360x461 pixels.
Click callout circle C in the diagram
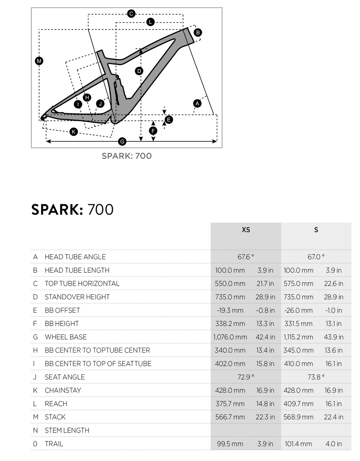tap(131, 14)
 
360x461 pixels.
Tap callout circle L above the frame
tap(150, 22)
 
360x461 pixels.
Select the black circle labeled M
tap(39, 61)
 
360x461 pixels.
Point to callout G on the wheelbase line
tap(122, 142)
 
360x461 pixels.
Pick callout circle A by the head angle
tap(197, 103)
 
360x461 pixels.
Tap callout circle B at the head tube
tap(198, 33)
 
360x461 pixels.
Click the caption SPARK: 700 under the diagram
tap(127, 156)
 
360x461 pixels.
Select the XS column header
tap(246, 230)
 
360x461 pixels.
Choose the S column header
tap(316, 230)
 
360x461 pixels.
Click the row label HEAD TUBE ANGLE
tap(75, 257)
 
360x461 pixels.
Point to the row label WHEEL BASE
tap(66, 337)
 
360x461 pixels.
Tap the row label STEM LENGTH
tap(67, 430)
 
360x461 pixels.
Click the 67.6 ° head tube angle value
tap(246, 257)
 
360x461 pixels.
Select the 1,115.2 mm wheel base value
tap(298, 337)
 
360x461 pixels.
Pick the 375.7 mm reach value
tap(230, 404)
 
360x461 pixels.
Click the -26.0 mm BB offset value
tap(298, 310)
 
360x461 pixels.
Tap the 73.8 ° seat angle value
tap(316, 377)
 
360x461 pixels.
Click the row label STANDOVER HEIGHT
tap(77, 297)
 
